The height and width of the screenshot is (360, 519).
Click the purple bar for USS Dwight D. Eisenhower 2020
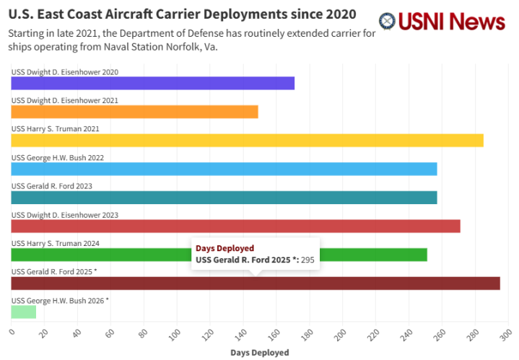[152, 83]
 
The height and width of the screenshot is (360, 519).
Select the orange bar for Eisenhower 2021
[134, 112]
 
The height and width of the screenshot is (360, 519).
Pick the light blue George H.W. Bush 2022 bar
[224, 169]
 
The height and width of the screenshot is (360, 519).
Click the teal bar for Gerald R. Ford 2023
[224, 197]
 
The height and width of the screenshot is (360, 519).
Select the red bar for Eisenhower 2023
[235, 226]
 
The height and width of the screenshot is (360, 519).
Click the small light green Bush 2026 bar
[23, 312]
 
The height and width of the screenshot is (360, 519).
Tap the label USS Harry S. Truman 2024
[56, 243]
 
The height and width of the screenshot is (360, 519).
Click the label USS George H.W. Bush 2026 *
[60, 300]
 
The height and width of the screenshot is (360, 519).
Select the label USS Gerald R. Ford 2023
[51, 186]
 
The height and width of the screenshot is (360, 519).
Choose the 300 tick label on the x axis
[505, 334]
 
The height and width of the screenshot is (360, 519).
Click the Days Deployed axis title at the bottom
[259, 353]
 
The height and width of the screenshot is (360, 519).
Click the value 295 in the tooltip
[308, 260]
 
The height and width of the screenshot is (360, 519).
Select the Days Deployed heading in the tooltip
[224, 248]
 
